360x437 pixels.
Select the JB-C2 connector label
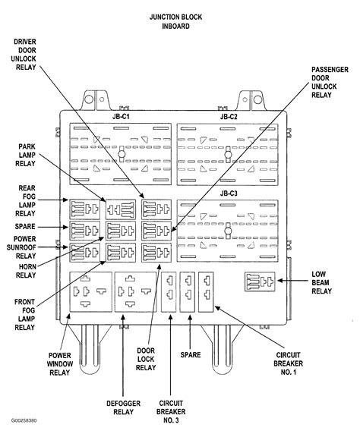(x=229, y=117)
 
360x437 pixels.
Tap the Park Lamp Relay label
(x=30, y=156)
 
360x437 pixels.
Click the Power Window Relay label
(x=65, y=366)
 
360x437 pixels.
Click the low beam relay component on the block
(x=259, y=282)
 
